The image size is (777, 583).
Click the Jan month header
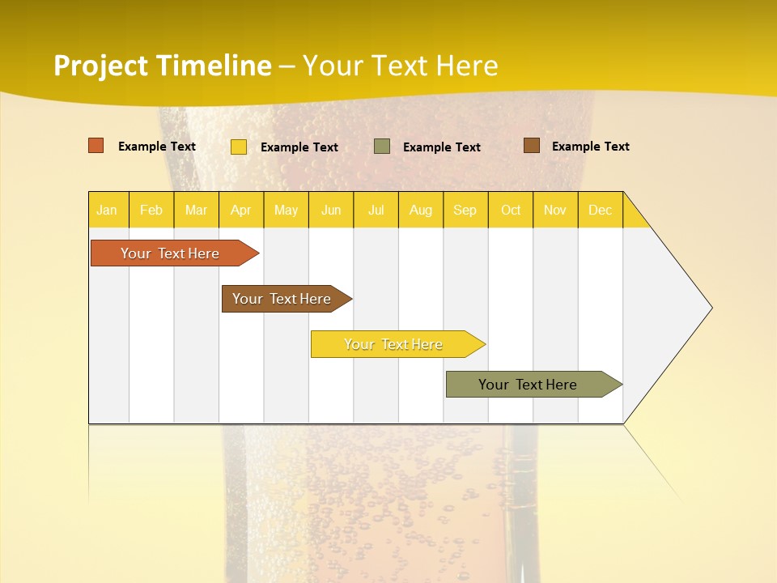coord(107,210)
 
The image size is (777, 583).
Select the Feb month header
coord(151,210)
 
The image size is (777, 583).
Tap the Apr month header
coord(241,210)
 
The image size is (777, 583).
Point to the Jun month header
coord(331,210)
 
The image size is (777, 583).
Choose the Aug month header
coord(421,210)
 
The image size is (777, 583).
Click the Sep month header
coord(465,210)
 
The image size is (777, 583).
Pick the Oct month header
coord(511,210)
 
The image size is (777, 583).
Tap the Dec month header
coord(601,210)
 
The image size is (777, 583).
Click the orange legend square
coord(96,146)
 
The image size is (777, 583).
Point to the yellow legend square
coord(239,147)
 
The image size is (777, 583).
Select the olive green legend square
coord(382,147)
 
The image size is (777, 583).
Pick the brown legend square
coord(532,146)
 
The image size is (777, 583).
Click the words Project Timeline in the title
coord(163,66)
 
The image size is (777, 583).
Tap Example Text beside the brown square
coord(591,147)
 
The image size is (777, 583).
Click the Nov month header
coord(555,210)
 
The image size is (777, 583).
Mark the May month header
coord(286,210)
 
